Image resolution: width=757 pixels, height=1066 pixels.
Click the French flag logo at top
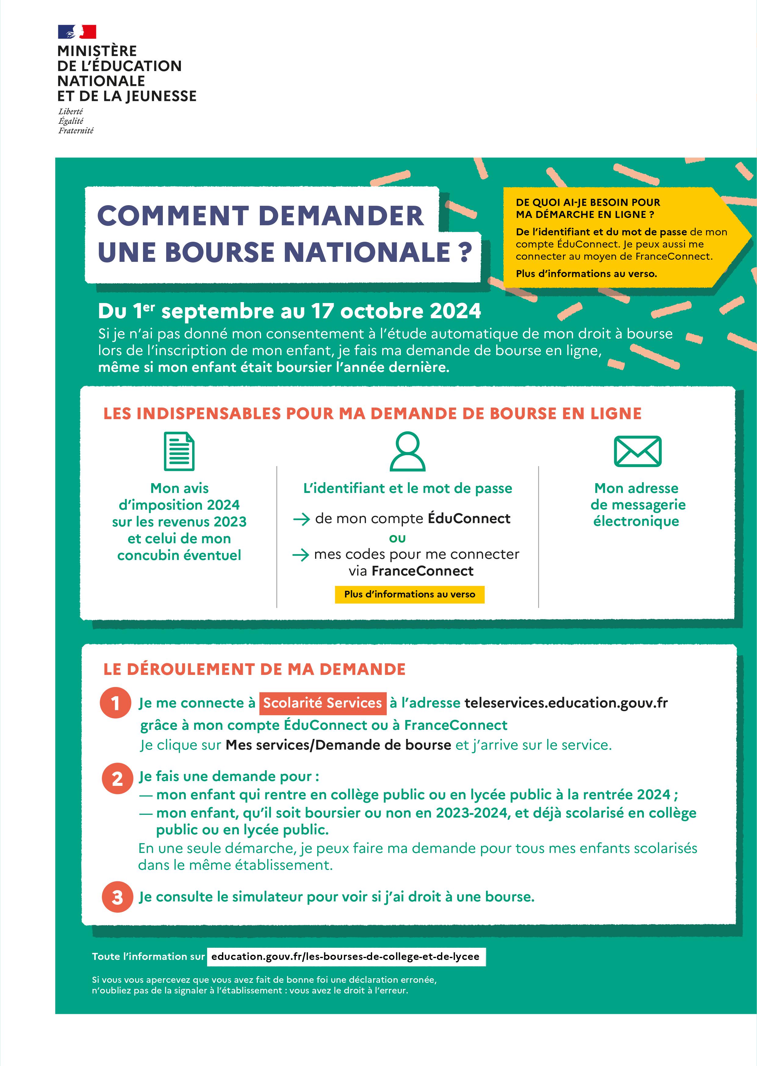[x=77, y=32]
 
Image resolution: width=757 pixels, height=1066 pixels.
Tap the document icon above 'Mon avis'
[x=179, y=451]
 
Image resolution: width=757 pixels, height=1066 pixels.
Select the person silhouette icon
[x=407, y=451]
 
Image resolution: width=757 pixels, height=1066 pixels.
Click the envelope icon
[x=637, y=451]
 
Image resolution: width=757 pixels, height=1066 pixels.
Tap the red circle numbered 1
[x=115, y=703]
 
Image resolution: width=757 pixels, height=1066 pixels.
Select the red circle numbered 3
[x=117, y=897]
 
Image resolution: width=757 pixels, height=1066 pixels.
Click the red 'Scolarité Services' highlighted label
[x=323, y=703]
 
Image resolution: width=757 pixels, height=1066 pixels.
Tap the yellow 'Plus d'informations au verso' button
[x=409, y=594]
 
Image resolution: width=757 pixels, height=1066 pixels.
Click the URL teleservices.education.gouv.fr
[x=566, y=703]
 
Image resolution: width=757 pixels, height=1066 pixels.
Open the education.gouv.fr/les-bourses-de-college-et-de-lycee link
[x=345, y=957]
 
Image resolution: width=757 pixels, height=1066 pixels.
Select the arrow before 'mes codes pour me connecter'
[x=301, y=554]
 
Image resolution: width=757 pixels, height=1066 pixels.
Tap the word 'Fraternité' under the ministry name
[x=76, y=131]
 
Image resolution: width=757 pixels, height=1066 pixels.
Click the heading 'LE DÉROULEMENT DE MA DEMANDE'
[x=254, y=669]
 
